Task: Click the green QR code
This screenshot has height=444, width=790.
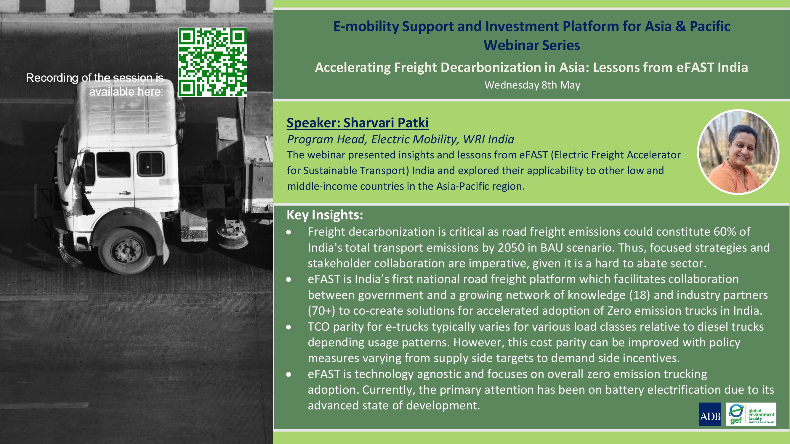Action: [x=212, y=62]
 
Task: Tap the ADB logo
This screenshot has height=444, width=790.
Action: [x=710, y=414]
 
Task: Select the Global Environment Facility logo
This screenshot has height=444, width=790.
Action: [x=751, y=414]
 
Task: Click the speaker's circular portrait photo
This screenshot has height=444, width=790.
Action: [x=738, y=152]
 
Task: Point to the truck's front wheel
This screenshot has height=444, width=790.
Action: [x=126, y=251]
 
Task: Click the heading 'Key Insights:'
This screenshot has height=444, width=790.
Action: [x=325, y=215]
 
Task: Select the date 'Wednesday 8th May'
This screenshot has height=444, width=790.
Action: [x=532, y=85]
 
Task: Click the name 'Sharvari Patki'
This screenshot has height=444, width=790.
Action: [x=386, y=123]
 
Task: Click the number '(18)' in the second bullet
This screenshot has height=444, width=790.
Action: [x=640, y=295]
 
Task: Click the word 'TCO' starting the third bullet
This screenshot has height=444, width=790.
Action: [x=319, y=327]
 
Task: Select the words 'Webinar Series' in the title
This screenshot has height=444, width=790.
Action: [x=532, y=45]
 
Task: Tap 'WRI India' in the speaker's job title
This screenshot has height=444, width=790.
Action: [x=488, y=139]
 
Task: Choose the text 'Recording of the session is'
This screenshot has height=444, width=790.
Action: [x=95, y=78]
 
